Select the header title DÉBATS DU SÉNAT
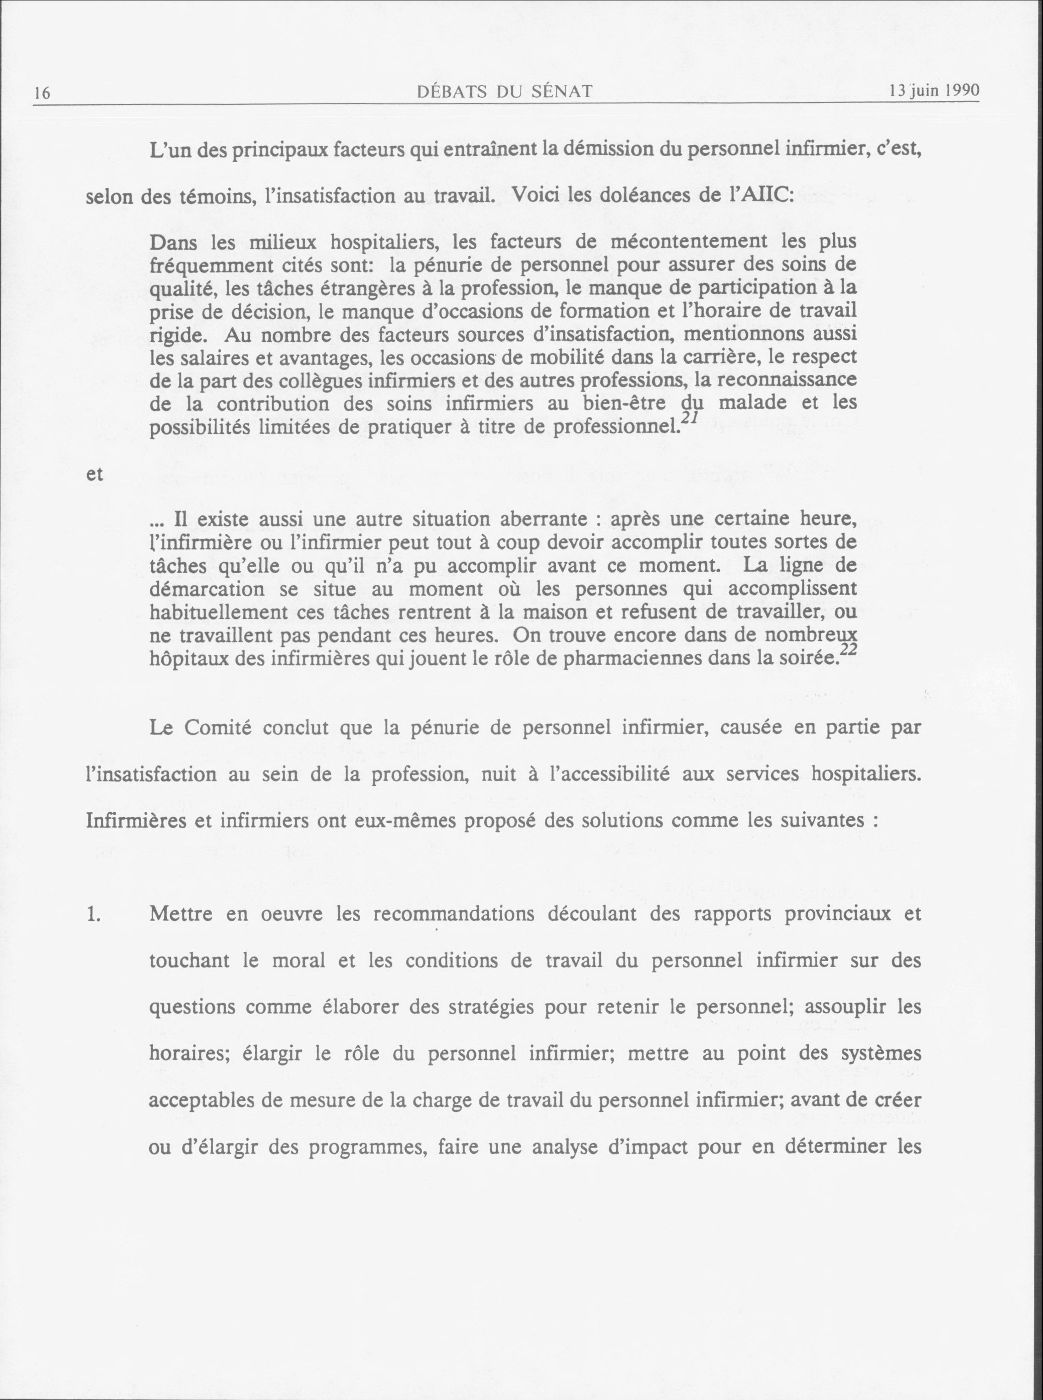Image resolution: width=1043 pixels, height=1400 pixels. point(505,92)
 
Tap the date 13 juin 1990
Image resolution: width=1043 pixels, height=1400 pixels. point(934,90)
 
